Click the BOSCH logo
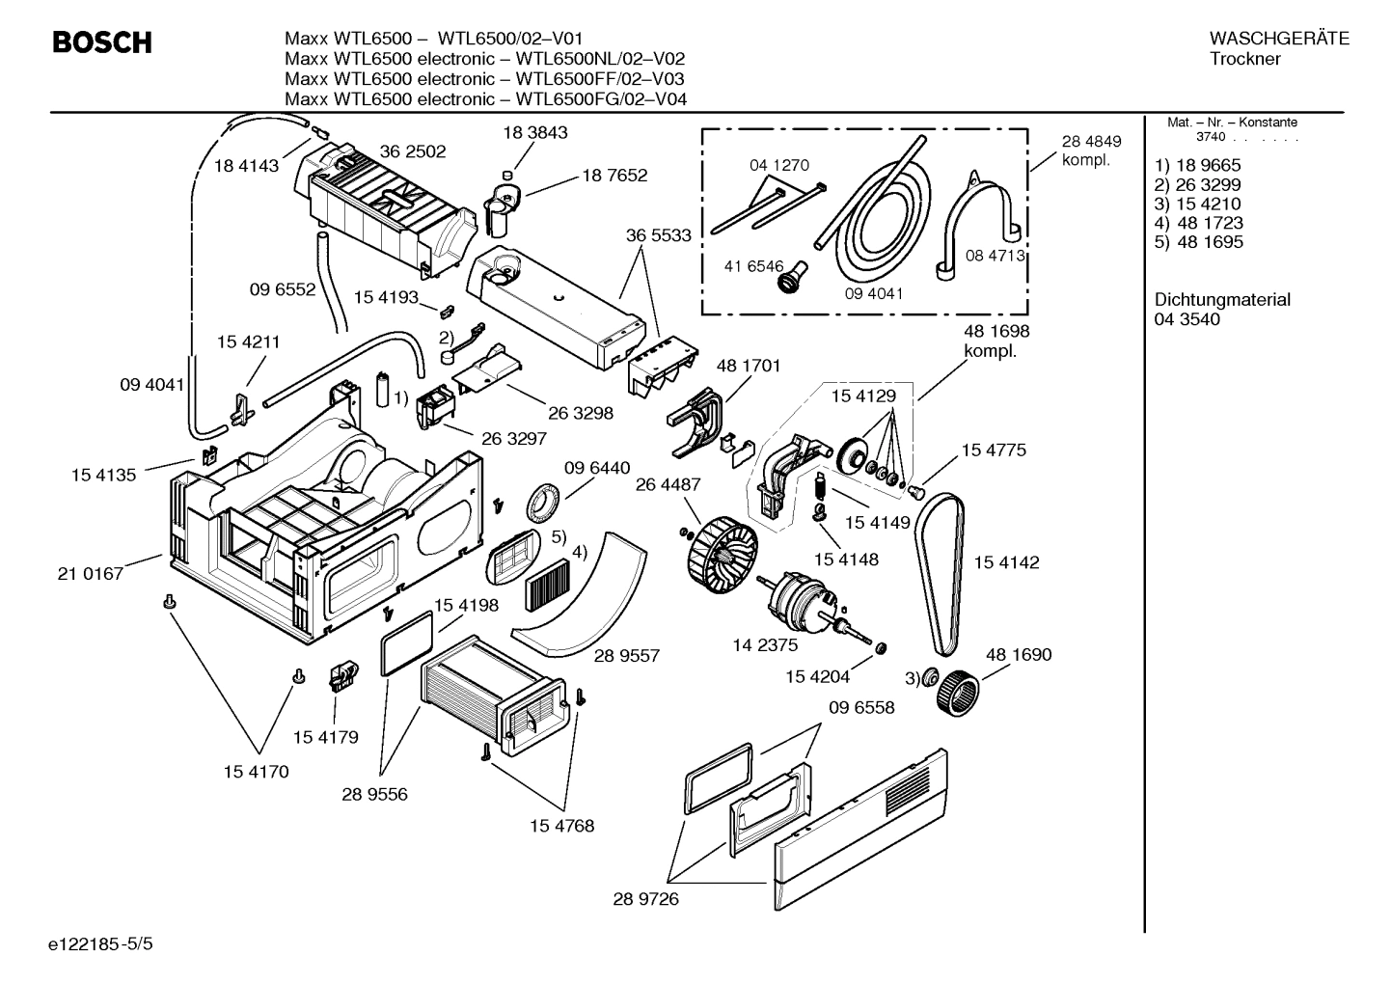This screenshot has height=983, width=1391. point(101,43)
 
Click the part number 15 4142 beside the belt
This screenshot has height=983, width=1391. point(1006,562)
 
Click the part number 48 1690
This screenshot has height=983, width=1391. point(1019,655)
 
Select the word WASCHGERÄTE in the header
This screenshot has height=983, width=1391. point(1278,39)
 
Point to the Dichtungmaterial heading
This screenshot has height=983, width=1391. point(1221,300)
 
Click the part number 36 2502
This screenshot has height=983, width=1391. point(413,151)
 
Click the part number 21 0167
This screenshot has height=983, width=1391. point(91,574)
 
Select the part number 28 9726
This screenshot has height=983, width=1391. point(645,899)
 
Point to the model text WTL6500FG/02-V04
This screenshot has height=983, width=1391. point(601,99)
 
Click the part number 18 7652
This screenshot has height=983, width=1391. point(614,176)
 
